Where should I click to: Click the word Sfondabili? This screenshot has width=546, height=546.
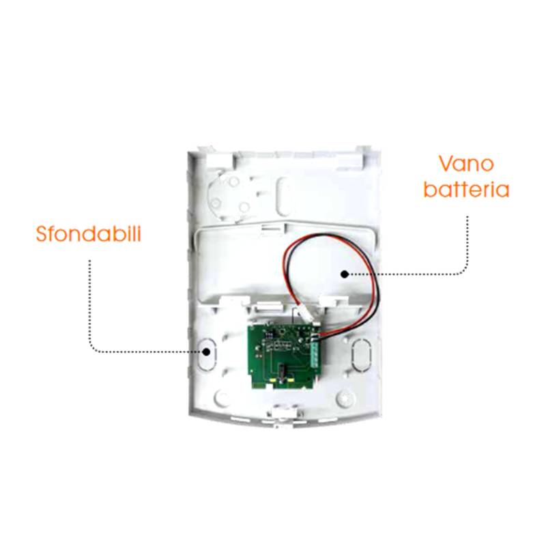(89, 233)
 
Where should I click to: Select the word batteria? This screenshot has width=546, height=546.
(466, 190)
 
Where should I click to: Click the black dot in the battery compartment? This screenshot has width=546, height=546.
(345, 274)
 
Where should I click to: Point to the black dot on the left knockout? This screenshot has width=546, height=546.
(207, 351)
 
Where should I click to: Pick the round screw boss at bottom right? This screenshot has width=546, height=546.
(344, 398)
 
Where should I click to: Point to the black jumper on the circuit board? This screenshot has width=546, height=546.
(281, 370)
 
